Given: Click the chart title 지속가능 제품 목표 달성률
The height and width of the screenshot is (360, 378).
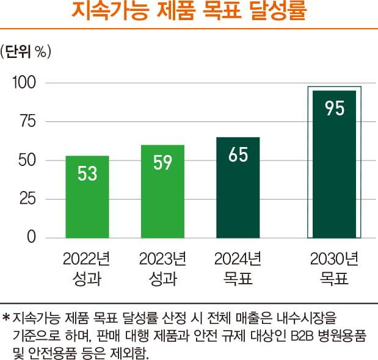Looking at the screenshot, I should pos(189,13).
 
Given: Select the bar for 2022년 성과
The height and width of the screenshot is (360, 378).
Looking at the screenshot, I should pos(87,196).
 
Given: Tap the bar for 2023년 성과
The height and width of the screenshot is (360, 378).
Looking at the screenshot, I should pos(162,192).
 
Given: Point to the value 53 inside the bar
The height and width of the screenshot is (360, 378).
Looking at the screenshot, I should pos(87,174).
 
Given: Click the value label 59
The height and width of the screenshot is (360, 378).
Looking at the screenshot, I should pos(162,164).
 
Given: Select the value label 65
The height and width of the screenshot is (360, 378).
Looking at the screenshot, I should pos(238,155).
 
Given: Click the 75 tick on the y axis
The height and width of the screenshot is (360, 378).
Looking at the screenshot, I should pos(27,121).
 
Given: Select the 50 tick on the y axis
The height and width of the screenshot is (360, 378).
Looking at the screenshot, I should pos(27,160).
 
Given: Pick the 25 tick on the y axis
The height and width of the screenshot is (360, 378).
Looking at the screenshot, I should pos(27,199).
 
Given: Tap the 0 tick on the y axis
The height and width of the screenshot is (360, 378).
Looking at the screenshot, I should pos(32,237).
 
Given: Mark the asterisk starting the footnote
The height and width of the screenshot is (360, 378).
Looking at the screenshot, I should pos(7,317).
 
